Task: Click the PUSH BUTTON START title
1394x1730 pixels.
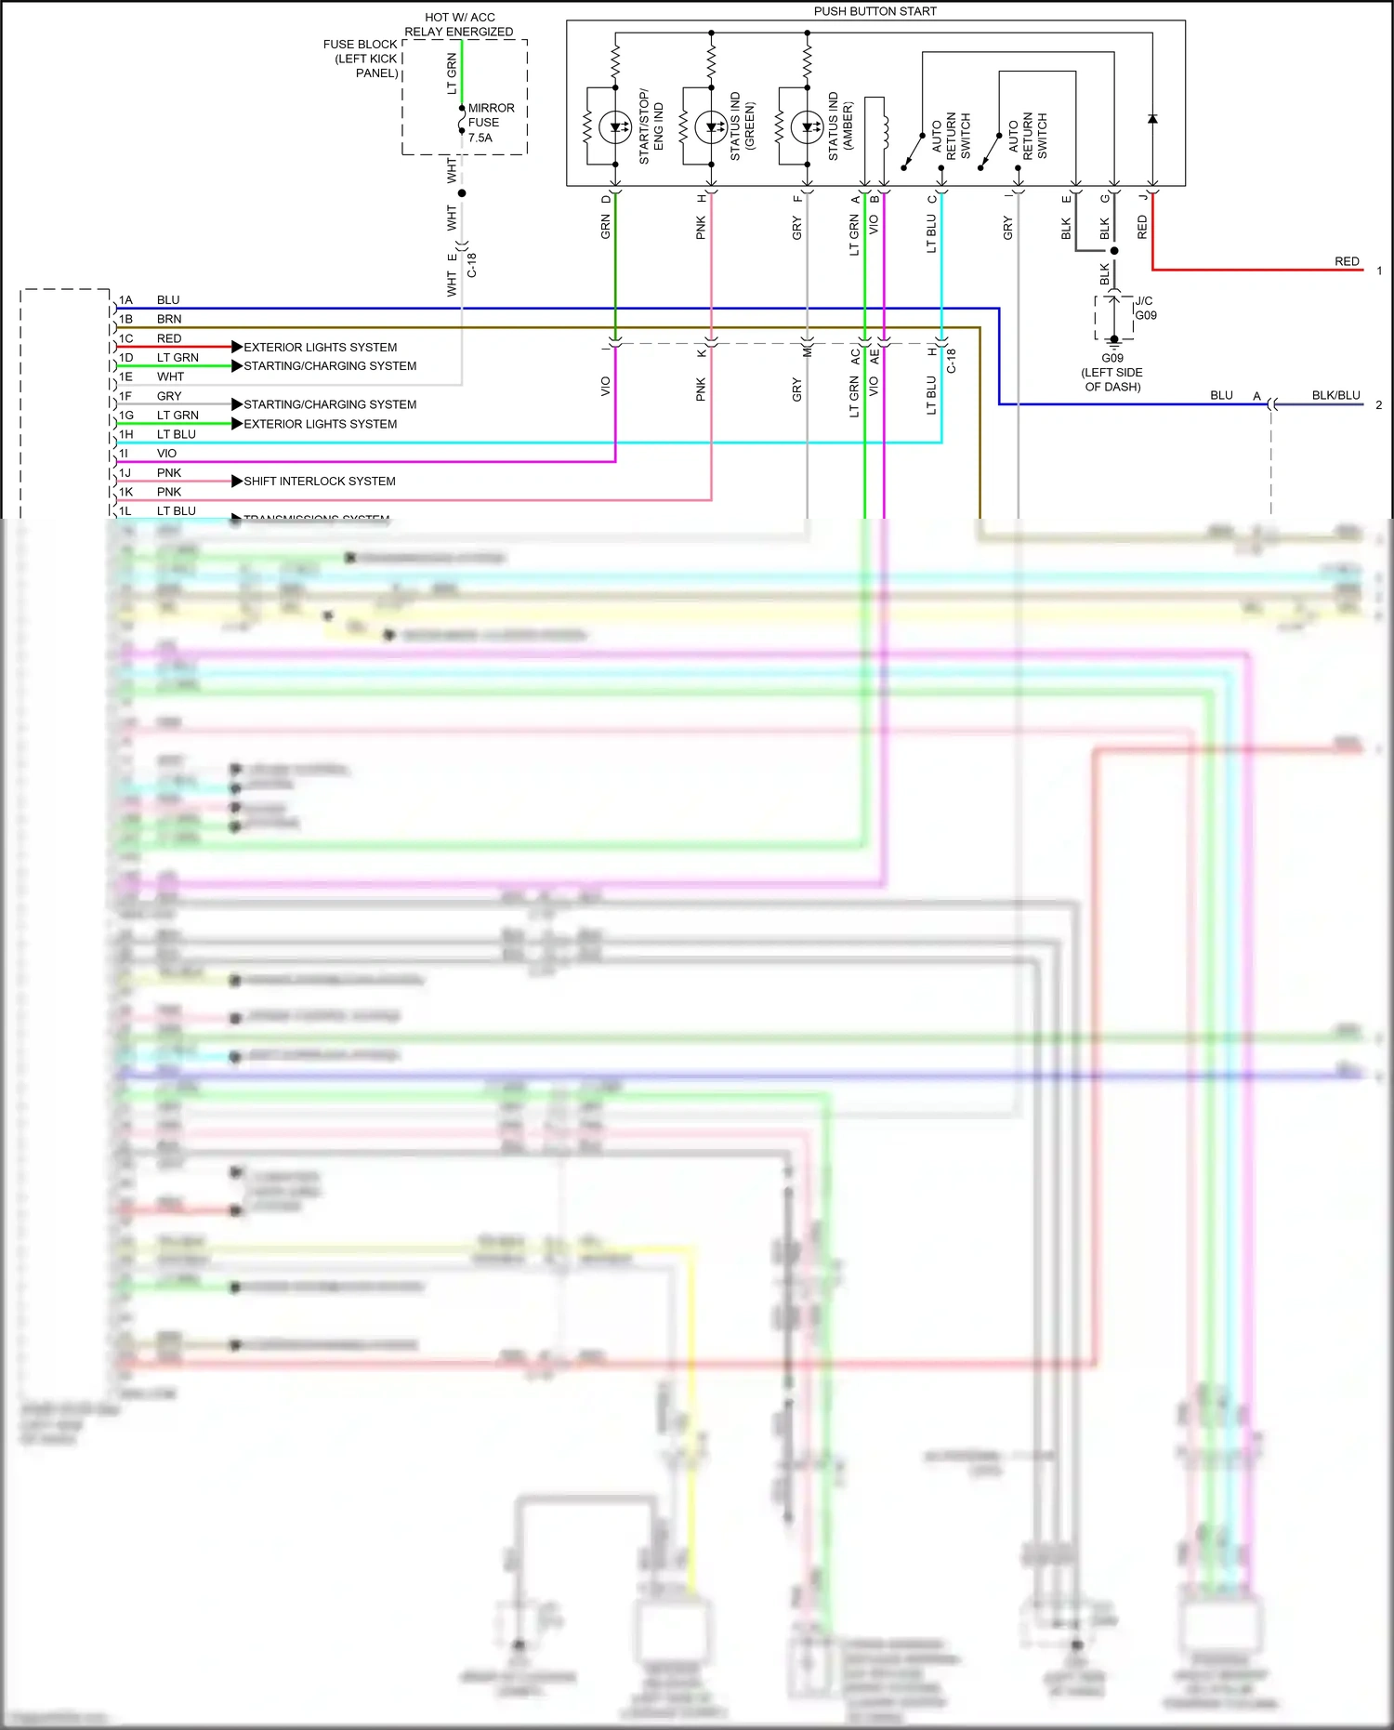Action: pyautogui.click(x=875, y=11)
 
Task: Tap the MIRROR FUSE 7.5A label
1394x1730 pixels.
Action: pyautogui.click(x=490, y=123)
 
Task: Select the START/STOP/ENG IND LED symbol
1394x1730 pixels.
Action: pyautogui.click(x=615, y=127)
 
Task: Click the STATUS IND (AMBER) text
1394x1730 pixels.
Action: pyautogui.click(x=839, y=125)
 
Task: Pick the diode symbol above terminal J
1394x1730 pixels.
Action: pyautogui.click(x=1152, y=119)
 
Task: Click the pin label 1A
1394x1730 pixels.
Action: pyautogui.click(x=125, y=300)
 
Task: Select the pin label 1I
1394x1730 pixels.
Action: pyautogui.click(x=124, y=454)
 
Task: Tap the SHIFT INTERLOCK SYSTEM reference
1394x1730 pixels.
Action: pyautogui.click(x=320, y=482)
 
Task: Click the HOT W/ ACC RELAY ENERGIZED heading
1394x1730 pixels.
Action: pyautogui.click(x=459, y=24)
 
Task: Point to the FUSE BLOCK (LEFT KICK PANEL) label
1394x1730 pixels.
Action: pyautogui.click(x=361, y=59)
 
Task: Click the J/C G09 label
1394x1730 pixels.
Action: pyautogui.click(x=1146, y=308)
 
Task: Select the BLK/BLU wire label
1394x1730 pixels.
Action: pyautogui.click(x=1335, y=395)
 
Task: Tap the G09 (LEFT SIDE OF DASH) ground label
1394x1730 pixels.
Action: pyautogui.click(x=1112, y=372)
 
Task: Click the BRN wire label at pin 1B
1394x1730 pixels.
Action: pyautogui.click(x=169, y=319)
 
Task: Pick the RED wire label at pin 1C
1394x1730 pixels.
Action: pyautogui.click(x=169, y=338)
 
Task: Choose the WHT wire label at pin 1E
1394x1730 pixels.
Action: pyautogui.click(x=170, y=376)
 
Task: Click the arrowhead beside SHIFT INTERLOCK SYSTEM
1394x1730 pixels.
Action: pyautogui.click(x=237, y=481)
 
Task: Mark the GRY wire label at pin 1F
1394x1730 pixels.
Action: pyautogui.click(x=169, y=396)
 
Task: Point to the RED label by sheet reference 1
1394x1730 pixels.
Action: pyautogui.click(x=1347, y=261)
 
